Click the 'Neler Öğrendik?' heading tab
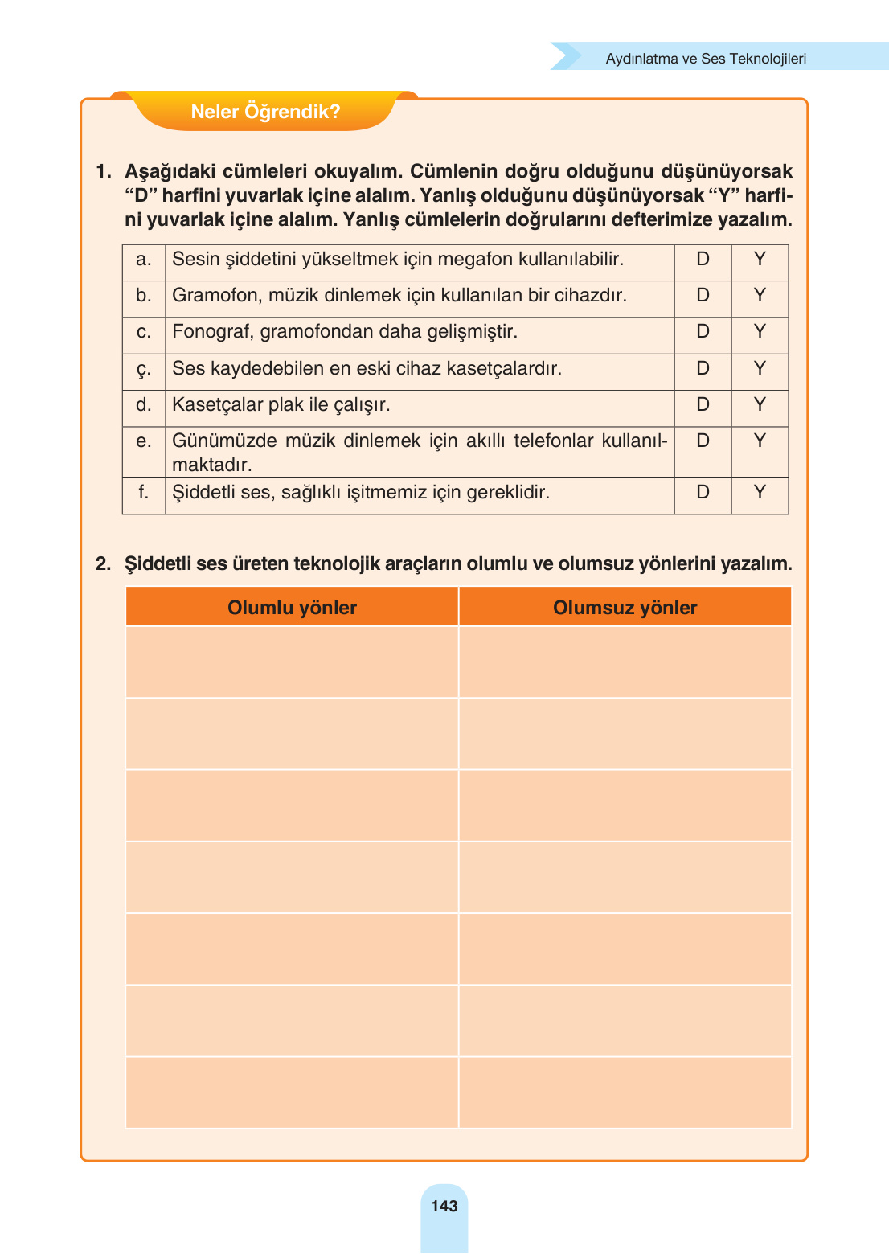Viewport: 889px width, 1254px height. click(265, 112)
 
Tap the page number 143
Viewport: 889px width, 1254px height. click(444, 1206)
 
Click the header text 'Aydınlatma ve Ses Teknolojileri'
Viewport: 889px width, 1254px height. click(705, 59)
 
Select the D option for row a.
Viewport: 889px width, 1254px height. click(703, 259)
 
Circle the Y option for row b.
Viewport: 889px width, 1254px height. click(760, 295)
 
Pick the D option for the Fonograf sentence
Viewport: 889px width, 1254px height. click(703, 331)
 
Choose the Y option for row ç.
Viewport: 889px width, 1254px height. click(760, 368)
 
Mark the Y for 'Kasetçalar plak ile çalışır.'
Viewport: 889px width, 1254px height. click(760, 404)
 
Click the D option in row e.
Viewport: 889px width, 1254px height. click(703, 441)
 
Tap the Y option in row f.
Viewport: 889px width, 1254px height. click(760, 492)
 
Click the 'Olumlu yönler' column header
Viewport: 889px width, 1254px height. click(292, 608)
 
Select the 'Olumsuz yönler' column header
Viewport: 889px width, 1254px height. click(625, 608)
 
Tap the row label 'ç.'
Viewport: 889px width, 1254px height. click(143, 369)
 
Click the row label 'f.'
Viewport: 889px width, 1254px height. click(143, 492)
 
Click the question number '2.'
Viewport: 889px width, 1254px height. click(103, 563)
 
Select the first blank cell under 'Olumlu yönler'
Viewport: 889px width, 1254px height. click(292, 662)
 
